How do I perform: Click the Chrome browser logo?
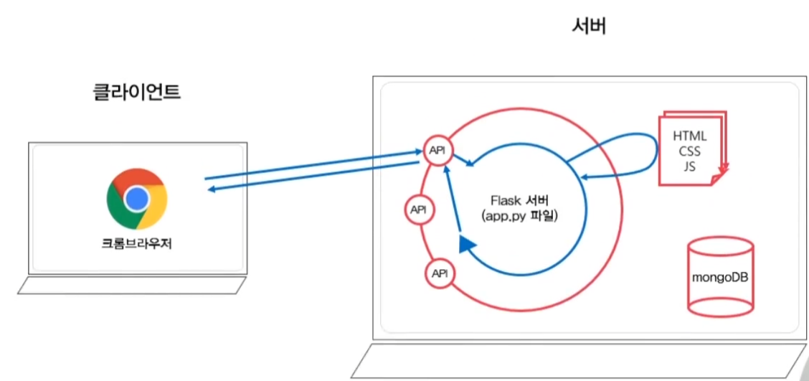pyautogui.click(x=137, y=198)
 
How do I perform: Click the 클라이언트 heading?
pyautogui.click(x=136, y=92)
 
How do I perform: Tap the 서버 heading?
pyautogui.click(x=590, y=27)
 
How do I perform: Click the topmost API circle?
pyautogui.click(x=436, y=150)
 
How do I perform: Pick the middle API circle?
pyautogui.click(x=417, y=210)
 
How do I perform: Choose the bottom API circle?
pyautogui.click(x=440, y=273)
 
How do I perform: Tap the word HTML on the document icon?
pyautogui.click(x=689, y=136)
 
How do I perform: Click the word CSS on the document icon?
pyautogui.click(x=689, y=152)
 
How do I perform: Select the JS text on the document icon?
pyautogui.click(x=689, y=167)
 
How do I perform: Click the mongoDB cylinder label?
pyautogui.click(x=720, y=277)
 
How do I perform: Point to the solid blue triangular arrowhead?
pyautogui.click(x=467, y=244)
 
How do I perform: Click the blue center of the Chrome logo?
pyautogui.click(x=137, y=199)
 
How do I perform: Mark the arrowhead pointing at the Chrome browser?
pyautogui.click(x=212, y=189)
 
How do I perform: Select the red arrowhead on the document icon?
pyautogui.click(x=724, y=169)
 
